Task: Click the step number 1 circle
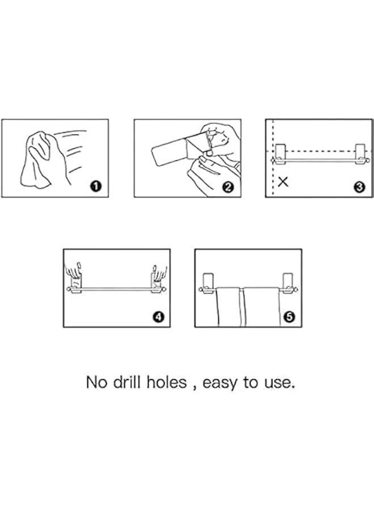96,186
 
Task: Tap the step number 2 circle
228,186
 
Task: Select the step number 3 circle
359,186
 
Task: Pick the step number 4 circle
158,316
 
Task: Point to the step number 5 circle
289,316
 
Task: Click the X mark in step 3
283,181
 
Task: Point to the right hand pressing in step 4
160,273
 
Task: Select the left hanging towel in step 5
228,307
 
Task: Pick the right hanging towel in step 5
261,307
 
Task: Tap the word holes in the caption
167,382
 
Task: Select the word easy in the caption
220,384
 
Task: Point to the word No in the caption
96,382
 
